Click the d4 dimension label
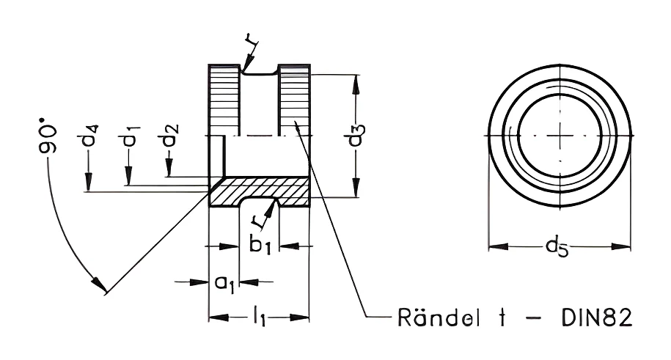point(87,135)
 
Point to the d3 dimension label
point(356,135)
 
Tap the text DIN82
point(596,317)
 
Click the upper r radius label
point(252,40)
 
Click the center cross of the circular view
point(560,135)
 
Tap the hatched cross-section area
point(259,191)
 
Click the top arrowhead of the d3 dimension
point(356,84)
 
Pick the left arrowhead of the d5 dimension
point(498,247)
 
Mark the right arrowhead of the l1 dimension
point(299,317)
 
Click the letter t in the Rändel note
point(503,317)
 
